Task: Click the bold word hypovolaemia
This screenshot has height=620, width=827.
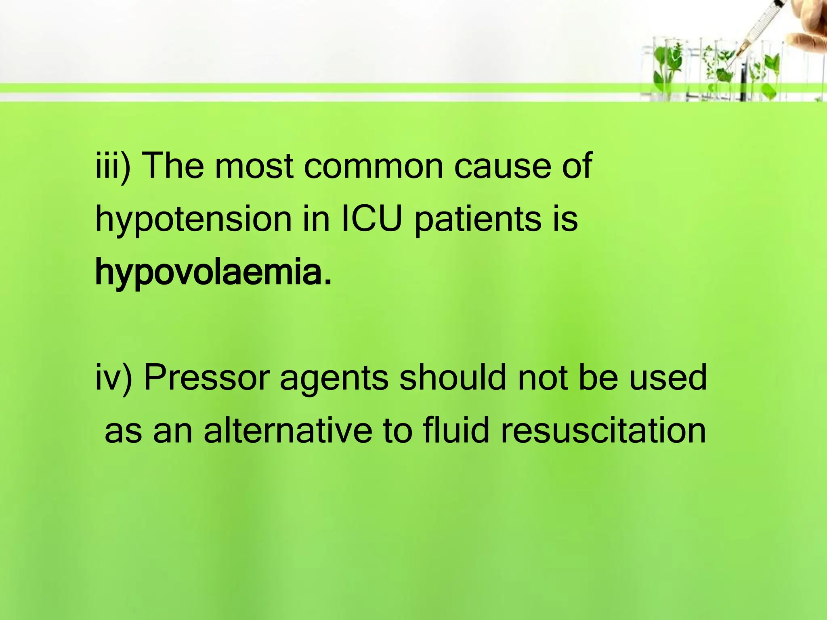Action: (x=213, y=273)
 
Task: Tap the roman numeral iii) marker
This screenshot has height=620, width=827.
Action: (x=113, y=165)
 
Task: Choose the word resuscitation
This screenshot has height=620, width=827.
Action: (x=603, y=430)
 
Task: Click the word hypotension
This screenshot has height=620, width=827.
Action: (x=193, y=220)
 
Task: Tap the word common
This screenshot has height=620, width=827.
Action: (x=374, y=166)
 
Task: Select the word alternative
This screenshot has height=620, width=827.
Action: (x=288, y=430)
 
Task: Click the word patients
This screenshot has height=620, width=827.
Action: (x=478, y=220)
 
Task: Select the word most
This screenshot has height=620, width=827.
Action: (x=254, y=166)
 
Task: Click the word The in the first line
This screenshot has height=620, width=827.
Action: (x=174, y=165)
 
